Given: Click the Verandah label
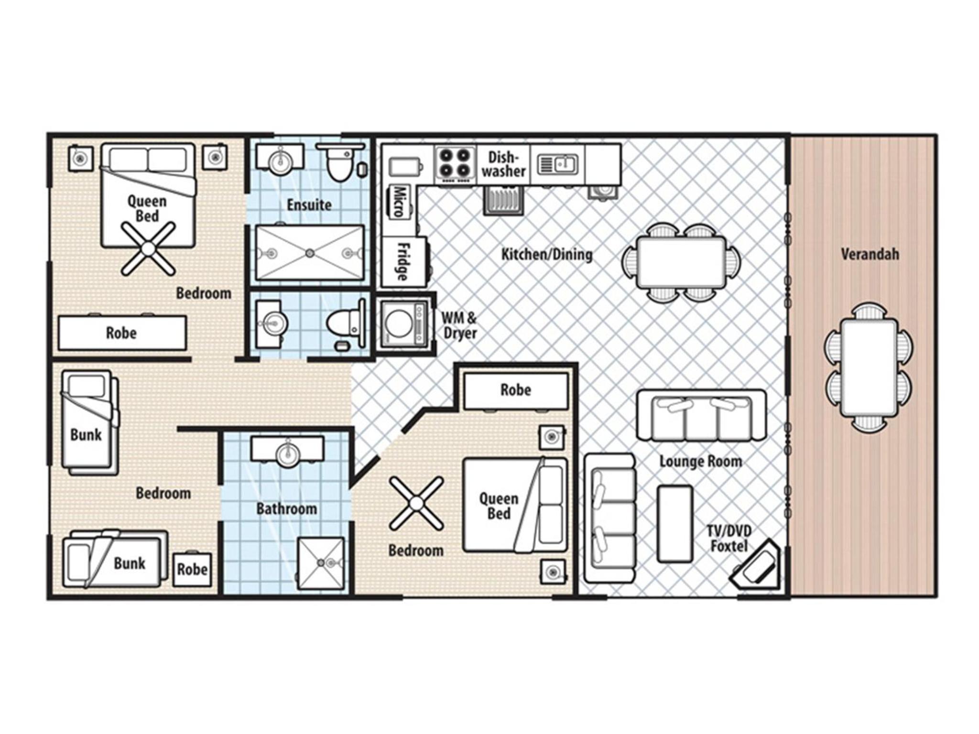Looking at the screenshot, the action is coord(870,254).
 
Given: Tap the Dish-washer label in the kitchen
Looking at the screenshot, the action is coord(503,164).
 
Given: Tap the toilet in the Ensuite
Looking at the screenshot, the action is coord(341,162).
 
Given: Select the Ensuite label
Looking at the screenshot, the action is coord(309,205).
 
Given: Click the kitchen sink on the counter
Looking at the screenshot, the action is coord(557,164).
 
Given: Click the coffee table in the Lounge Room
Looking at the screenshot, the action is coord(675,524).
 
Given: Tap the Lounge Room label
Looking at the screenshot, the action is coord(701,461).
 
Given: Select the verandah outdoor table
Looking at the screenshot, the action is coord(869,368).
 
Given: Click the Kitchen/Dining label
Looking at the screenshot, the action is coord(546,254).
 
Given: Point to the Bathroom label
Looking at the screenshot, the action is coord(286,508).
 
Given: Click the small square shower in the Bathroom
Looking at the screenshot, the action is coord(321,563).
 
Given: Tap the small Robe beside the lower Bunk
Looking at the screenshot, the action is coord(192,569).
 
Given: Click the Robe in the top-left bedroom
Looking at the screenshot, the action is coord(122,333).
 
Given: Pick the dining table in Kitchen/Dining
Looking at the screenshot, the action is coord(681,262).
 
